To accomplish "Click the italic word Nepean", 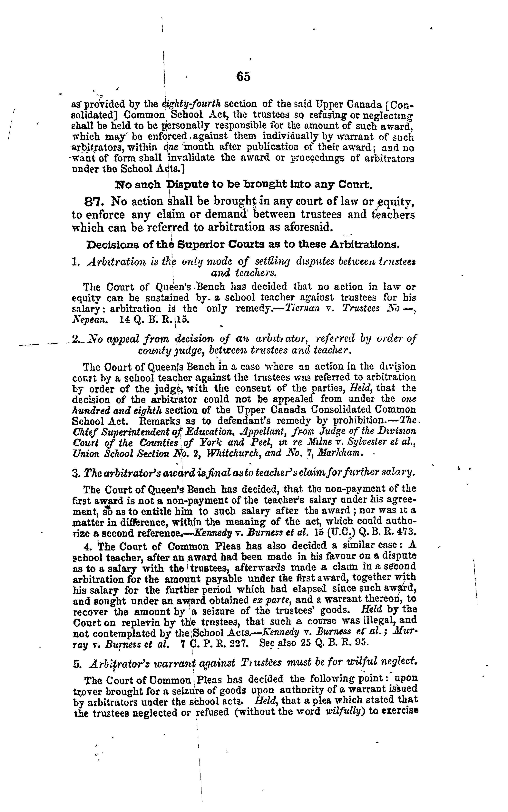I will pyautogui.click(x=90, y=320).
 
